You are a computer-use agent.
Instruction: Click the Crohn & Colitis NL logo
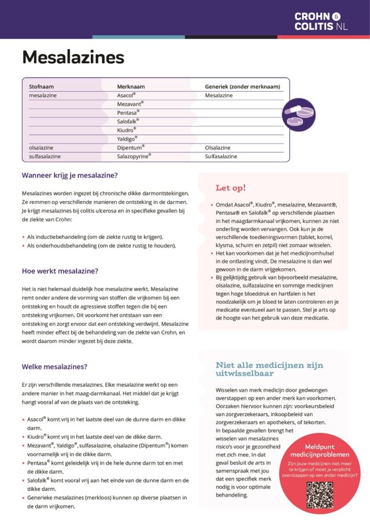(x=321, y=21)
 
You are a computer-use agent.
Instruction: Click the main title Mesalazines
(x=73, y=57)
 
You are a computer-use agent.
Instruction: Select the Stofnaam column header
(x=42, y=87)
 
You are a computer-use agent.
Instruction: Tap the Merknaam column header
(x=131, y=87)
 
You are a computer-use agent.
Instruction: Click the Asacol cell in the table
(x=126, y=95)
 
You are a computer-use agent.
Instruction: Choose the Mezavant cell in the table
(x=130, y=104)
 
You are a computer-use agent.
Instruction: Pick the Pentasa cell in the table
(x=128, y=113)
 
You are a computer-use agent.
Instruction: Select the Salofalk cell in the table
(x=128, y=121)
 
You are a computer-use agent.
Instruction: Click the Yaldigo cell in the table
(x=127, y=139)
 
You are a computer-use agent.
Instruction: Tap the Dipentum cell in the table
(x=131, y=147)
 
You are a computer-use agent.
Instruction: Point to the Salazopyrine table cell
(x=134, y=156)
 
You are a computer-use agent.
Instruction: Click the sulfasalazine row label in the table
(x=45, y=156)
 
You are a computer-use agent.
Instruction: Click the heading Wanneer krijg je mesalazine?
(x=70, y=176)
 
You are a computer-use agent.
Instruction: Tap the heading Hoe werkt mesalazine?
(x=60, y=270)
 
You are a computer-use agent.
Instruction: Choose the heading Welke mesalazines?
(x=54, y=366)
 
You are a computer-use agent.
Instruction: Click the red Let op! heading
(x=231, y=188)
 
